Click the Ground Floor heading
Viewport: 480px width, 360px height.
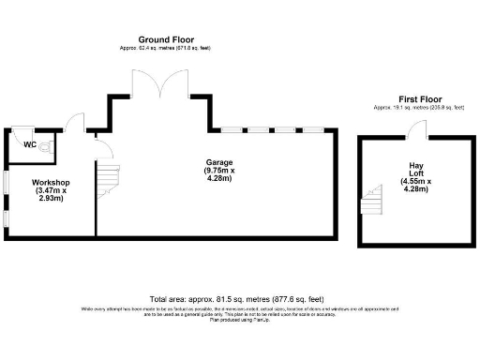[x=166, y=39]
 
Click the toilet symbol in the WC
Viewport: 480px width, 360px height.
[x=49, y=146]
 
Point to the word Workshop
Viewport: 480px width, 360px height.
[x=49, y=181]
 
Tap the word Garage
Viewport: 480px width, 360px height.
[x=219, y=162]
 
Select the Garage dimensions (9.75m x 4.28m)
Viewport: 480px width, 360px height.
[x=219, y=175]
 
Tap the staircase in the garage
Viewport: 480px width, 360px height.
[x=111, y=178]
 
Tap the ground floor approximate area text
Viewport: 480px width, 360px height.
[x=166, y=48]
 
